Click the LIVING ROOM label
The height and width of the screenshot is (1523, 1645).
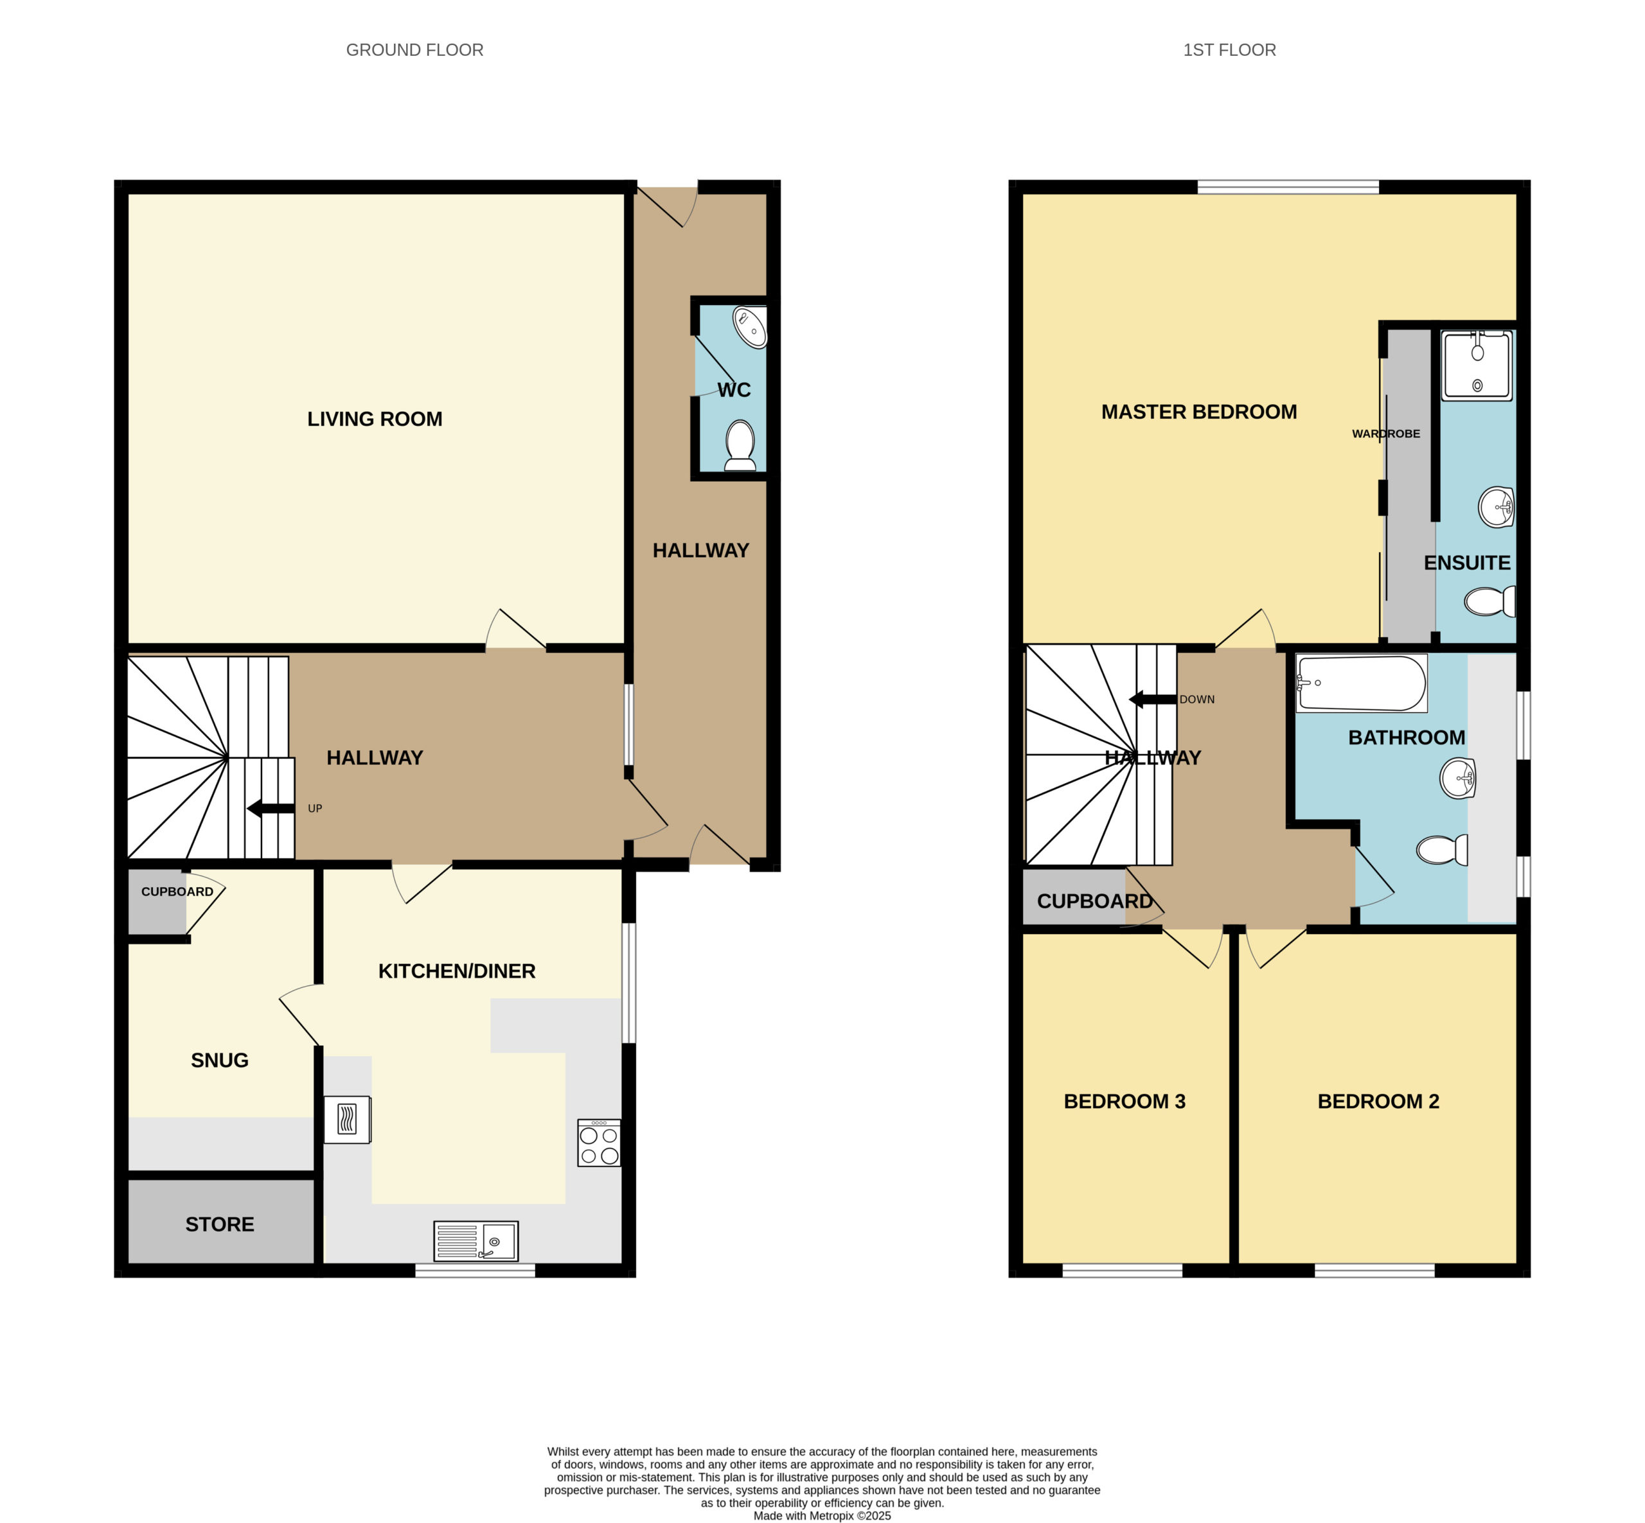click(x=375, y=419)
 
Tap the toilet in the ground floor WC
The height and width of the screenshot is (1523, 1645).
click(x=740, y=446)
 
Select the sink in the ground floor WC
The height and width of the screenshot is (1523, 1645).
click(x=751, y=327)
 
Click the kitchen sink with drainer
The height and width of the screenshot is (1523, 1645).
click(x=476, y=1240)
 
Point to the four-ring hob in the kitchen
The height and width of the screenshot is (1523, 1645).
click(x=599, y=1142)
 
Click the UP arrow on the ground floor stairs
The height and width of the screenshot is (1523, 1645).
click(x=271, y=809)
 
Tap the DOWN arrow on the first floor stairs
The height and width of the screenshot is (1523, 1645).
click(x=1152, y=700)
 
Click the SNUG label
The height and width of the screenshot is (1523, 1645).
click(x=219, y=1060)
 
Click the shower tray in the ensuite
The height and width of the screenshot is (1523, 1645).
click(x=1476, y=365)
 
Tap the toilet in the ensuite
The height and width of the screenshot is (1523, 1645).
click(x=1489, y=601)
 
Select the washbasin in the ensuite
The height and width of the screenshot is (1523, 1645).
click(x=1497, y=507)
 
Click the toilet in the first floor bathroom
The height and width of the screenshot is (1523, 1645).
click(x=1441, y=850)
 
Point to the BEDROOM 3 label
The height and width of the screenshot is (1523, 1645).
click(x=1124, y=1101)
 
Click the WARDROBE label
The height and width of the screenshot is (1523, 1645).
click(x=1385, y=434)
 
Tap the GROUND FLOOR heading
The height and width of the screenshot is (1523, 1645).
click(x=414, y=50)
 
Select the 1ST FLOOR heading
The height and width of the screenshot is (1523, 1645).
click(x=1229, y=50)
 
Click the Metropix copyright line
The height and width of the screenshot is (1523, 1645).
click(x=822, y=1515)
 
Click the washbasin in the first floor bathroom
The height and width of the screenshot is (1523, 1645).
click(x=1457, y=778)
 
